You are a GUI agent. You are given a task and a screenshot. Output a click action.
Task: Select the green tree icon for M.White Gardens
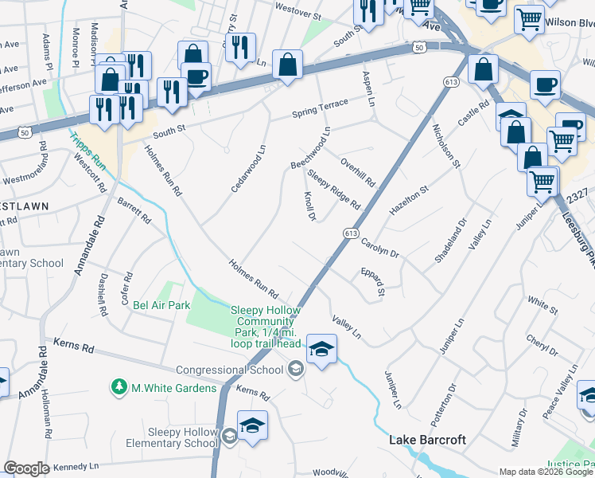click(119, 387)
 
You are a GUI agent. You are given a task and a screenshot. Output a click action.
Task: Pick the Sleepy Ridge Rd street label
click(334, 190)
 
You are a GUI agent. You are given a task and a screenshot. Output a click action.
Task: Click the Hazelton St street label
click(408, 199)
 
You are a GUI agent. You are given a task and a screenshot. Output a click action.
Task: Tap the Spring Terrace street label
click(320, 108)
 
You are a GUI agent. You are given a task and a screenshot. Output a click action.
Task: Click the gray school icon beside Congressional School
click(295, 368)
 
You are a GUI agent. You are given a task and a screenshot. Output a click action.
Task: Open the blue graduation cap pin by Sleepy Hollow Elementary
click(252, 425)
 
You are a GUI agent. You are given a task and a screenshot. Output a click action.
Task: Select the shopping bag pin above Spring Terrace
click(287, 65)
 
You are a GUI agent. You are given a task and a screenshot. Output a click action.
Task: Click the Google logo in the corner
click(26, 468)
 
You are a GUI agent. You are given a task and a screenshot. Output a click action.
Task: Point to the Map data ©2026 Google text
click(545, 471)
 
